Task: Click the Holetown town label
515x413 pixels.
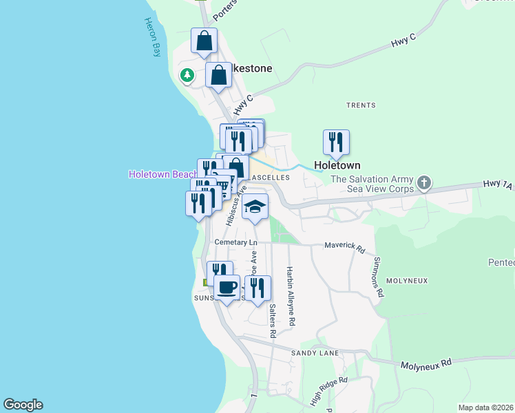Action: point(337,166)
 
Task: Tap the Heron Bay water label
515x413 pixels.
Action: point(152,39)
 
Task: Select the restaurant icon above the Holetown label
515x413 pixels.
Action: point(336,142)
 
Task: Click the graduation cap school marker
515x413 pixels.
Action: point(255,207)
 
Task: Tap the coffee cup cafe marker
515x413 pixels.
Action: point(227,286)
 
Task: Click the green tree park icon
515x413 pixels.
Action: point(187,76)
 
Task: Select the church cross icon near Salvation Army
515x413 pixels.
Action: point(424,184)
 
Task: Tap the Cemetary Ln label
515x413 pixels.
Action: point(235,242)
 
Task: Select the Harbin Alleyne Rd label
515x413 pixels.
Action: point(291,296)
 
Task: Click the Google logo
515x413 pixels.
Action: point(23,405)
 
